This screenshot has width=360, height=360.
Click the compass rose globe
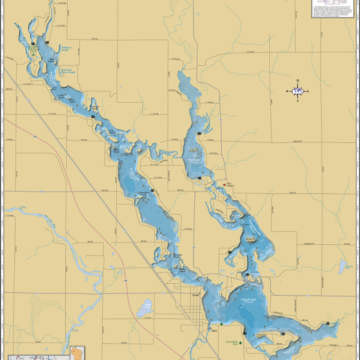pos(298,91)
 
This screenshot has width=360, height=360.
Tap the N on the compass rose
pos(298,81)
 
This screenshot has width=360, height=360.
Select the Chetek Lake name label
pos(249,300)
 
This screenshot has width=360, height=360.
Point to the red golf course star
pos(224,185)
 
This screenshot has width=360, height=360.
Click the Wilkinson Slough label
pos(66,48)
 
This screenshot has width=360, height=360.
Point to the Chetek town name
pos(194,295)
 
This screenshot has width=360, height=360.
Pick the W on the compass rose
pos(288,91)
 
